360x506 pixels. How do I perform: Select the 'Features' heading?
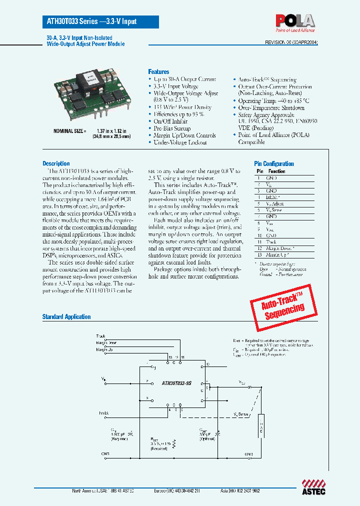pos(158,72)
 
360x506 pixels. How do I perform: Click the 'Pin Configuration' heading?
pos(274,163)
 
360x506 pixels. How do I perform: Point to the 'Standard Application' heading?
pos(66,316)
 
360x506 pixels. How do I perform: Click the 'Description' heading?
pos(56,163)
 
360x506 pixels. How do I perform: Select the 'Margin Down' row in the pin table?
pos(279,248)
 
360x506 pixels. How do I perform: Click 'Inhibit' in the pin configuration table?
pos(272,197)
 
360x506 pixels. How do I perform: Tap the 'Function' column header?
pos(276,171)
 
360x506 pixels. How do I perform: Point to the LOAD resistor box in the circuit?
pos(260,425)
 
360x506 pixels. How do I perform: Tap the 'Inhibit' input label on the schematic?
pos(103,413)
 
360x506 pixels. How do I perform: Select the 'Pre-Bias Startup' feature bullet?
pos(173,128)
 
